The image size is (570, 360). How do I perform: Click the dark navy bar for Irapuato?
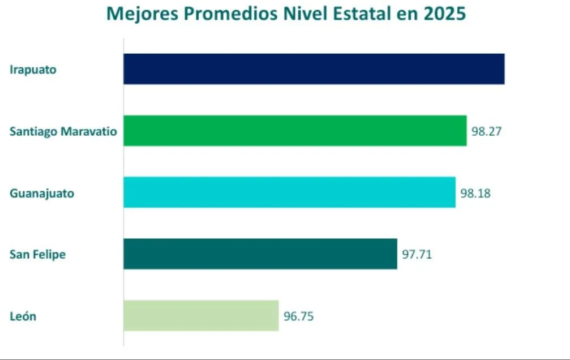click(314, 69)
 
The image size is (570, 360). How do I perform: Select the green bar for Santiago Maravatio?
click(294, 131)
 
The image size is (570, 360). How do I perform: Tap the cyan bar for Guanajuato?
click(289, 192)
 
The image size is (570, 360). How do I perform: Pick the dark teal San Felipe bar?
click(260, 254)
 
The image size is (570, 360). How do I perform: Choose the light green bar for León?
click(201, 315)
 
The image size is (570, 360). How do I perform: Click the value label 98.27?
click(487, 131)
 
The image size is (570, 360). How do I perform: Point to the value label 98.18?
click(475, 193)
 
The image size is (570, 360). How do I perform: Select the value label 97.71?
click(417, 254)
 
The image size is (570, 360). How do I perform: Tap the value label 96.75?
click(299, 316)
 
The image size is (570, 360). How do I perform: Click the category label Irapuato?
click(33, 70)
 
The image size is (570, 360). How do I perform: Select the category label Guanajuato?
click(42, 193)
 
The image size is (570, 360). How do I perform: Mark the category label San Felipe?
click(37, 254)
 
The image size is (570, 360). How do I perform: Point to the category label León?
click(23, 316)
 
